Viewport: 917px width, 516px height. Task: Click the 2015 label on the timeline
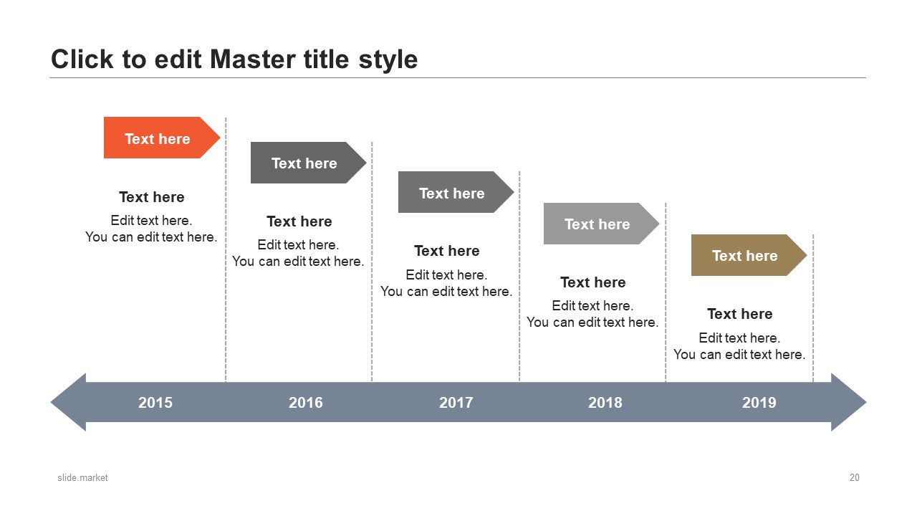click(155, 403)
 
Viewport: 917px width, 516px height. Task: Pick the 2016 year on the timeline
click(305, 403)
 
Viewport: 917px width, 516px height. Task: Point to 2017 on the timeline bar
click(456, 403)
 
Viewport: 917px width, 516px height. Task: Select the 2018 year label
click(605, 403)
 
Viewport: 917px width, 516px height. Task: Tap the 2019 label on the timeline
click(759, 403)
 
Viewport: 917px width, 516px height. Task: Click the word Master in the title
click(253, 59)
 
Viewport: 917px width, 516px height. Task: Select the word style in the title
click(388, 60)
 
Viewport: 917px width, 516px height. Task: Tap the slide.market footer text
click(82, 477)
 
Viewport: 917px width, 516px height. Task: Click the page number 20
click(855, 477)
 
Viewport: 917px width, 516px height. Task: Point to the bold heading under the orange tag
click(151, 197)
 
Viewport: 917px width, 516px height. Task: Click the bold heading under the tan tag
click(740, 314)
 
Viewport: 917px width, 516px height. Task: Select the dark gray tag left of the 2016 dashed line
click(308, 163)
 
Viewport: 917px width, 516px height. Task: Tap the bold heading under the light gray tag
click(592, 282)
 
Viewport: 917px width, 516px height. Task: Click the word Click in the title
click(82, 59)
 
